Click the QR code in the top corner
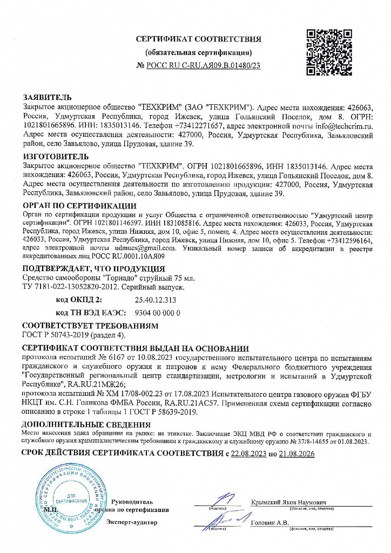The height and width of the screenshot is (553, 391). point(327,52)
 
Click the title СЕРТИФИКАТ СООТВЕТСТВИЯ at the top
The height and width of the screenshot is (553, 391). point(198,39)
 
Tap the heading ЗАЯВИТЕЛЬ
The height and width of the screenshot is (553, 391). point(47,97)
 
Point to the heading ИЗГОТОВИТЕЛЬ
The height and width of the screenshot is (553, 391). point(54,157)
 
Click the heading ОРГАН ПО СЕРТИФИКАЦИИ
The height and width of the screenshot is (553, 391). point(79,206)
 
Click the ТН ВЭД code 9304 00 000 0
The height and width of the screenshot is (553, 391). point(156,313)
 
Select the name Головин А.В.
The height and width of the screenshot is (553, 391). point(271,522)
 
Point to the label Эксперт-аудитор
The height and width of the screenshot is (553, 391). point(132,522)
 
